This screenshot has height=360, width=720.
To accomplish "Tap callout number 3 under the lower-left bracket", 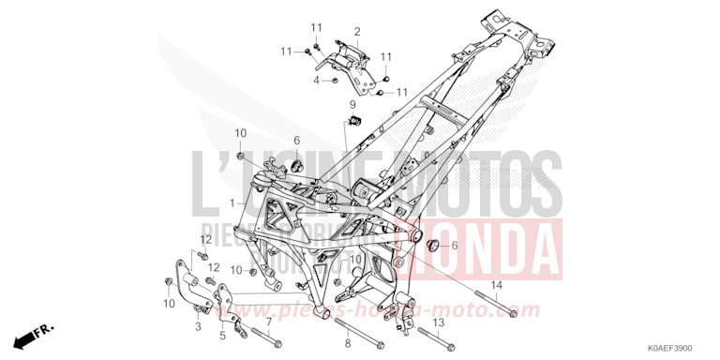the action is coord(198,326).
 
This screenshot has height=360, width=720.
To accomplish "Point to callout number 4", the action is coord(316,82).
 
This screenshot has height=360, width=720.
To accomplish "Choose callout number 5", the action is coord(223,334).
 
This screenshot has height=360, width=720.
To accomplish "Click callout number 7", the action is coord(269,322).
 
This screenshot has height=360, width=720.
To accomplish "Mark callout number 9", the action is coord(354,104).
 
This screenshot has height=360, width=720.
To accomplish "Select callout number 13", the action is coord(438,322).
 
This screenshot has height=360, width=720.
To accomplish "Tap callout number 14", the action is coord(497,284).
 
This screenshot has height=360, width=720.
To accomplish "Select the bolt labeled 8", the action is coord(349,335).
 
